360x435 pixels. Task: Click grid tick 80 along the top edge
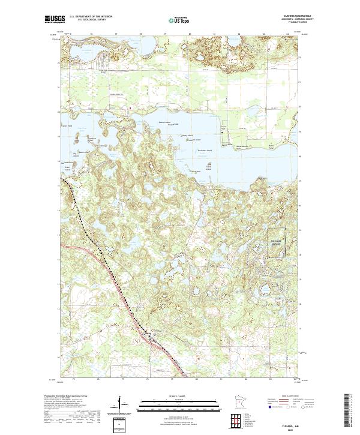pyautogui.click(x=190, y=34)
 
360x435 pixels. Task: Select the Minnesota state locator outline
pyautogui.click(x=239, y=403)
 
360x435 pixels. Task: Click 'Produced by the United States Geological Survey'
pyautogui.click(x=72, y=396)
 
